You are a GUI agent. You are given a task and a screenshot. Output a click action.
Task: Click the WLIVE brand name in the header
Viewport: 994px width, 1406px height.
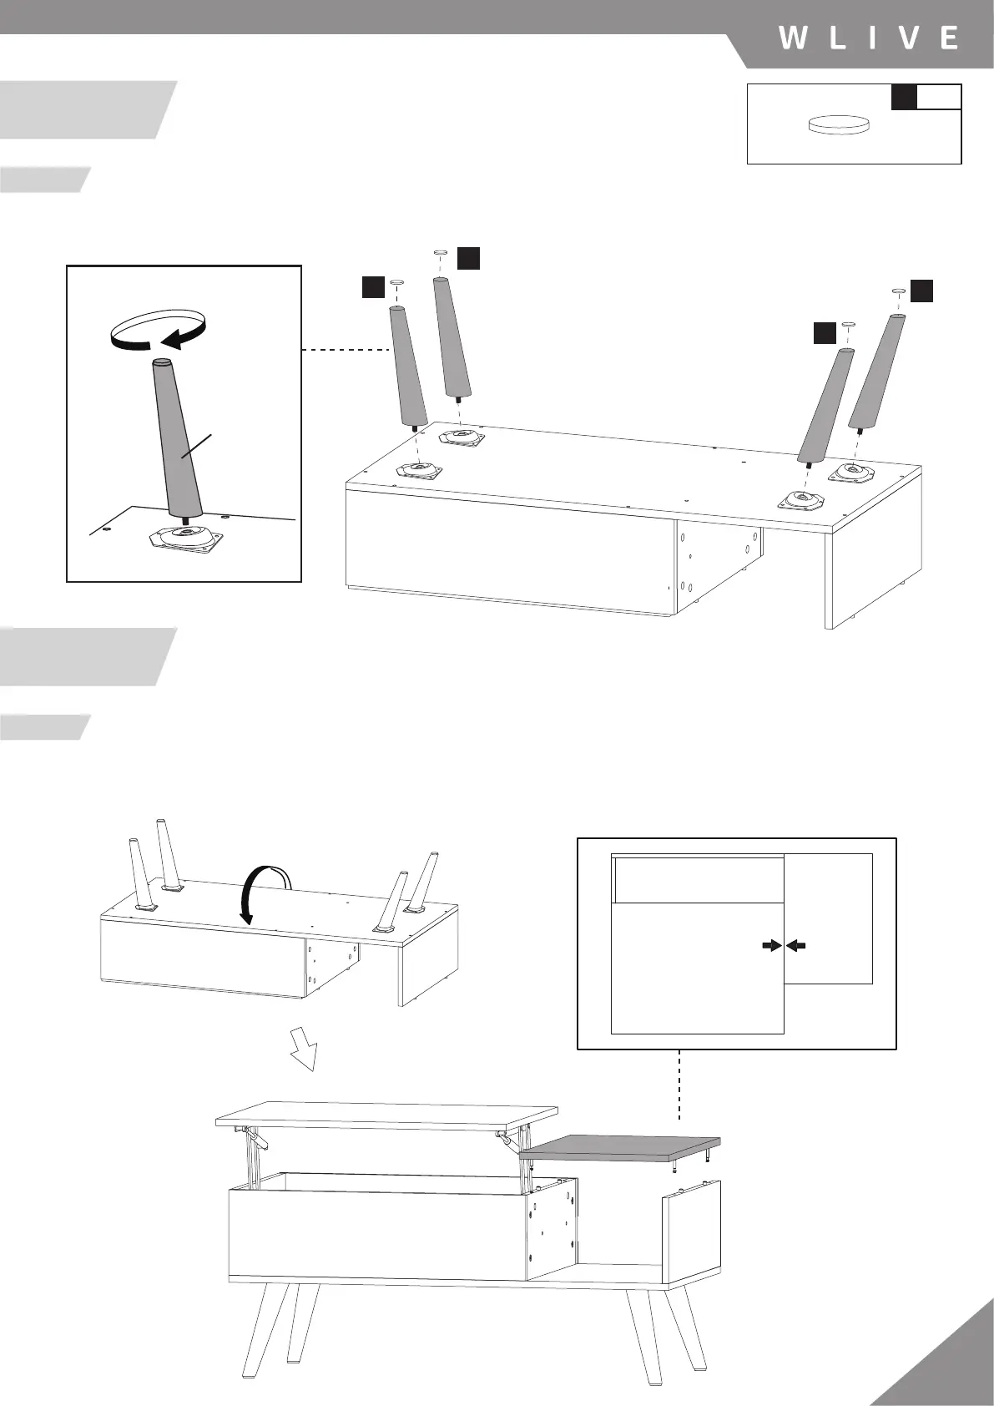[x=868, y=38]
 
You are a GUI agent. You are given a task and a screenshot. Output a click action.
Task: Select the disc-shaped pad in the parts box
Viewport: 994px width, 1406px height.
[x=839, y=125]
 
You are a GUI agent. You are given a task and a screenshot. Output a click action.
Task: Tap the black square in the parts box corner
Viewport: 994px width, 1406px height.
[x=904, y=96]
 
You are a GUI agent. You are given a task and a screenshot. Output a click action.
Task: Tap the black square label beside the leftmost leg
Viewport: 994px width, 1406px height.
[x=373, y=287]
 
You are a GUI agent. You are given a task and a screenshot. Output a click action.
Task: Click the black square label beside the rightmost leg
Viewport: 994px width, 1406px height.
[x=921, y=291]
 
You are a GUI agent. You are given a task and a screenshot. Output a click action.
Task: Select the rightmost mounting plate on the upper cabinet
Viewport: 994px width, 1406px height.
[x=852, y=473]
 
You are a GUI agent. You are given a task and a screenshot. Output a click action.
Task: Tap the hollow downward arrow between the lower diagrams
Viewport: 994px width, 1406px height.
[x=304, y=1048]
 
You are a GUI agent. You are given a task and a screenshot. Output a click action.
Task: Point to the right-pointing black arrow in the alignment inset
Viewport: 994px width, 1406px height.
[x=770, y=945]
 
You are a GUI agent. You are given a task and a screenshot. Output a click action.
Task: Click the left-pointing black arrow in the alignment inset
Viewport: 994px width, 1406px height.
[x=798, y=945]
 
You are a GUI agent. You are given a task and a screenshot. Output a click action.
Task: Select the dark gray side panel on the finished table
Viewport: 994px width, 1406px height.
[x=619, y=1147]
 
